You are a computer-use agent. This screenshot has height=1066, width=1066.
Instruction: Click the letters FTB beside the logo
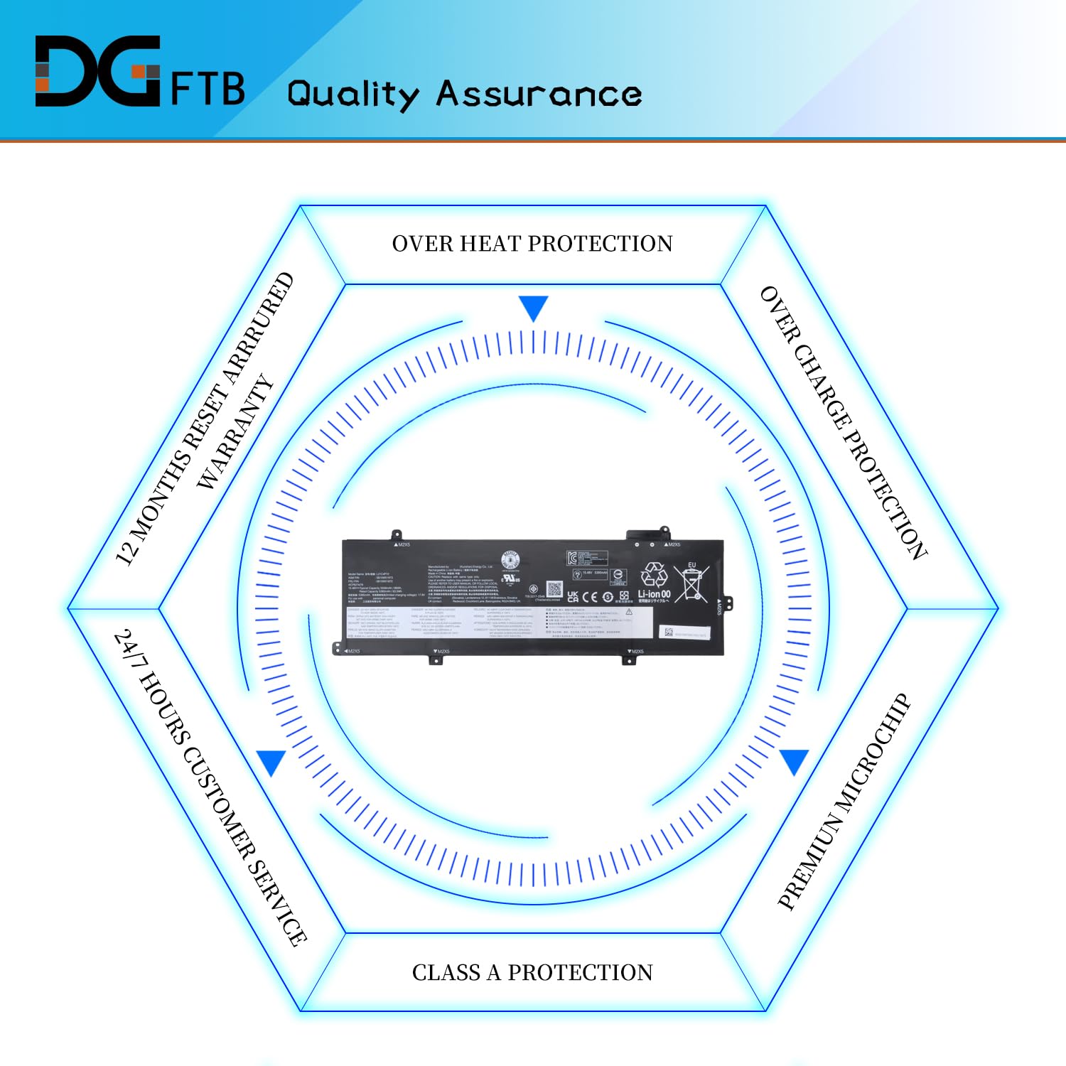pos(208,89)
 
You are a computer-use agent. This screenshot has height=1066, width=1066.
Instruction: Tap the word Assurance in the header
pos(539,95)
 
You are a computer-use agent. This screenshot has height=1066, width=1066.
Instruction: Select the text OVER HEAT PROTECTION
pos(532,244)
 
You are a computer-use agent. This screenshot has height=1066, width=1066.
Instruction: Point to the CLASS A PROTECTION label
pos(532,972)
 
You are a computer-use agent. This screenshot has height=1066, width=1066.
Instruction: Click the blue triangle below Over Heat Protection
pos(533,308)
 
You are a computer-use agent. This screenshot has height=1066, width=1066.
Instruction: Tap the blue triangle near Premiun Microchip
pos(795,760)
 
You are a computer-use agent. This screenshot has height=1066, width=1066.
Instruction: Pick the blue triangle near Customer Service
pos(271,762)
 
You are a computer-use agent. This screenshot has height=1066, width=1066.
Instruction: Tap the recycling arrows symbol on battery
pos(654,575)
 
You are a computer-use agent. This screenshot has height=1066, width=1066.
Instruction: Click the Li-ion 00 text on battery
pos(654,593)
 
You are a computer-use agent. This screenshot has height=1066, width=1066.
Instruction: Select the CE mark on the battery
pos(590,597)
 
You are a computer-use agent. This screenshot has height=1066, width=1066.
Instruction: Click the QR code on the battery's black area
pos(554,589)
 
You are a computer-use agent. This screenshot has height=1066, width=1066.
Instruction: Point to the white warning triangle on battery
pos(629,612)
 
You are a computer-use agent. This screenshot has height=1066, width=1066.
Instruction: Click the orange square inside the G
pos(149,72)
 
